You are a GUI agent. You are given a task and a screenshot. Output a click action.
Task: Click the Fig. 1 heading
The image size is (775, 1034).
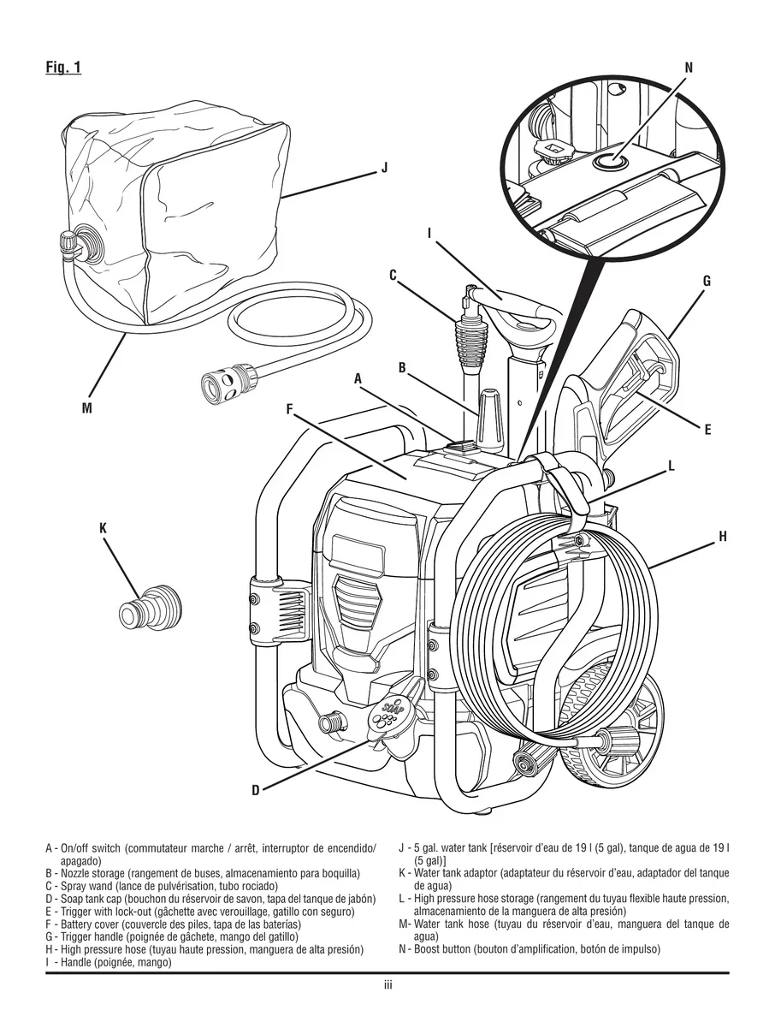point(63,68)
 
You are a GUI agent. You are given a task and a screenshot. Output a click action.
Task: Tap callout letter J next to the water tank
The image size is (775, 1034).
point(384,168)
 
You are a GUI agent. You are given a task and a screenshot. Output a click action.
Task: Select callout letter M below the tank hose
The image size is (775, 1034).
point(86,408)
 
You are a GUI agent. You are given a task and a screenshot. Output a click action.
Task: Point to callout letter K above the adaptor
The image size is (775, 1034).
point(103,530)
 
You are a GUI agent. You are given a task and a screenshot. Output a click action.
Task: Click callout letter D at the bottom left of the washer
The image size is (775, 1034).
point(255,790)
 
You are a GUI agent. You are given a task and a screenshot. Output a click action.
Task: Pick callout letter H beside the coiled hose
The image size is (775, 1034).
point(722,537)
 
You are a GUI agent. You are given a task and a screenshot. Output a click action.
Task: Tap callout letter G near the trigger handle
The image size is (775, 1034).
point(707,281)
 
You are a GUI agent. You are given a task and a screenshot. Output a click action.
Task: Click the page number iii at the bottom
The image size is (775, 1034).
point(387,985)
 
